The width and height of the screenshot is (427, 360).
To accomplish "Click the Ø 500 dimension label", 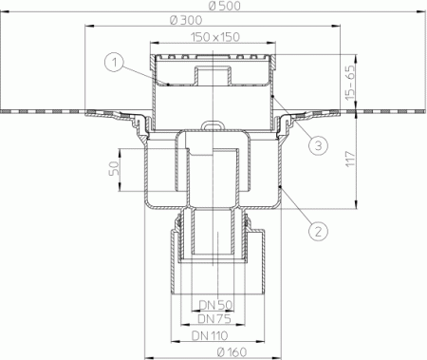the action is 225,6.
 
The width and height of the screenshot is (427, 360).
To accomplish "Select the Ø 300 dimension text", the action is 186,20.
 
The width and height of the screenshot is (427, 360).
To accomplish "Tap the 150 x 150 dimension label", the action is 215,37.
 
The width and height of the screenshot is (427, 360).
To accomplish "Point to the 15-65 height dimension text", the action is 350,83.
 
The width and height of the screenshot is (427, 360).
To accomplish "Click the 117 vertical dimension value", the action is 350,160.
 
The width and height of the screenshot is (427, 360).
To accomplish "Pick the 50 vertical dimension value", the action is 114,168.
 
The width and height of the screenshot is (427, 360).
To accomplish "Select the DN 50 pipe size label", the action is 215,305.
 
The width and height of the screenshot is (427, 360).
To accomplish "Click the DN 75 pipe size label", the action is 214,318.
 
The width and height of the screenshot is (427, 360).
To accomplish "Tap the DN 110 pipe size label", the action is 210,335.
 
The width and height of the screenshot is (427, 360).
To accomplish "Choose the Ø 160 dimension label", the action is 232,351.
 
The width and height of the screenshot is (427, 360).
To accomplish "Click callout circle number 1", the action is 114,63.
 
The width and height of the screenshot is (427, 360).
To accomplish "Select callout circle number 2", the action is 318,231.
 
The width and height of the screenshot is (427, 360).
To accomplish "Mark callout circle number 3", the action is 319,145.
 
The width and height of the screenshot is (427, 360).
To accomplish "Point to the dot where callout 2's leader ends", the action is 281,187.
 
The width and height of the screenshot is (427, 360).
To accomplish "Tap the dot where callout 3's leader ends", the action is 273,95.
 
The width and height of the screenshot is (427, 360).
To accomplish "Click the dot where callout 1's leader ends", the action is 168,85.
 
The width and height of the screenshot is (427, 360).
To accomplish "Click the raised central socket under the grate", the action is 213,75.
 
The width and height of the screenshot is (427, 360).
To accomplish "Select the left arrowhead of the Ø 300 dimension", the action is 89,27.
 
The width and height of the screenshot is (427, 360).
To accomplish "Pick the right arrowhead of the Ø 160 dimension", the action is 277,356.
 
